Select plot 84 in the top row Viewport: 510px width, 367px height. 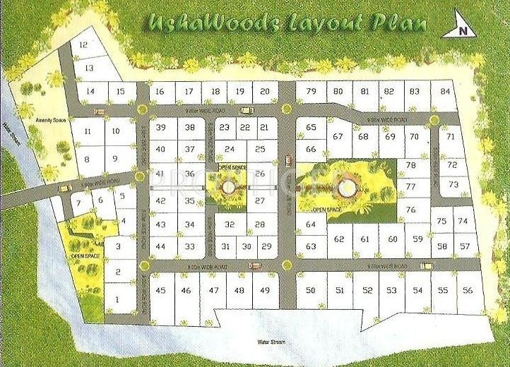[x=444, y=91]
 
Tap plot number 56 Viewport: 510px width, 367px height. [x=466, y=290]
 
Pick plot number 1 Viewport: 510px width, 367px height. [x=117, y=299]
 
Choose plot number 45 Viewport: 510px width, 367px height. [x=160, y=290]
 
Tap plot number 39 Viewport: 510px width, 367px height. [x=160, y=127]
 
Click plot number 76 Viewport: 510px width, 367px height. [x=410, y=210]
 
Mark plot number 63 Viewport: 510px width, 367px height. [x=311, y=246]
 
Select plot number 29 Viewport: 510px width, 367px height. [x=266, y=246]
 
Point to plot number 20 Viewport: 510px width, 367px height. [x=264, y=91]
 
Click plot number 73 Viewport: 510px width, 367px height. [x=453, y=184]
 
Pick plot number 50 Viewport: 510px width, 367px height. [x=311, y=290]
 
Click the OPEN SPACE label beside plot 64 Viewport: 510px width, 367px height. [x=326, y=210]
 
